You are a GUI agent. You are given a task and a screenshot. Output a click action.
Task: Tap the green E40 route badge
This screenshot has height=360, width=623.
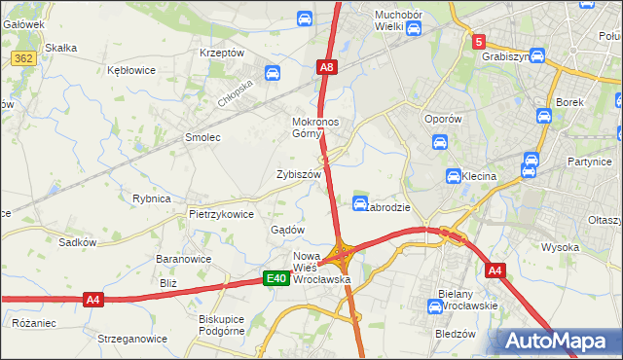click(x=276, y=279)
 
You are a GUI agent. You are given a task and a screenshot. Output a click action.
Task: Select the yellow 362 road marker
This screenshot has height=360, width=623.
click(x=25, y=59)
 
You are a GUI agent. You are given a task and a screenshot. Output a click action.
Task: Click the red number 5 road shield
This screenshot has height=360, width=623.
click(x=479, y=42)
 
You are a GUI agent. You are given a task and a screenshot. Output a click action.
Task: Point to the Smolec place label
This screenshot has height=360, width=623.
click(x=202, y=138)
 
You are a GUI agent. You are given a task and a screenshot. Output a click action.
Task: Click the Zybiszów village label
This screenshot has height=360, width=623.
click(x=299, y=175)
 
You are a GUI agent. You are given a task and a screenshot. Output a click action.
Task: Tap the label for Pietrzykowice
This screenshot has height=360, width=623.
click(x=221, y=214)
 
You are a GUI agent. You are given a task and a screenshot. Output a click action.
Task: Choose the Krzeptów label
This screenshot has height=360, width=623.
click(x=221, y=53)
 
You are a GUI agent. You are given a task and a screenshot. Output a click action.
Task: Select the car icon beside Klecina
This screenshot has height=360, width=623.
click(x=454, y=176)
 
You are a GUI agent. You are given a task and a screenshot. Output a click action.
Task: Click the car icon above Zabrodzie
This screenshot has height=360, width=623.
click(x=359, y=202)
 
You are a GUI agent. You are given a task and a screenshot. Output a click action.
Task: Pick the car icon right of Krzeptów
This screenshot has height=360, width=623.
click(x=273, y=73)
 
